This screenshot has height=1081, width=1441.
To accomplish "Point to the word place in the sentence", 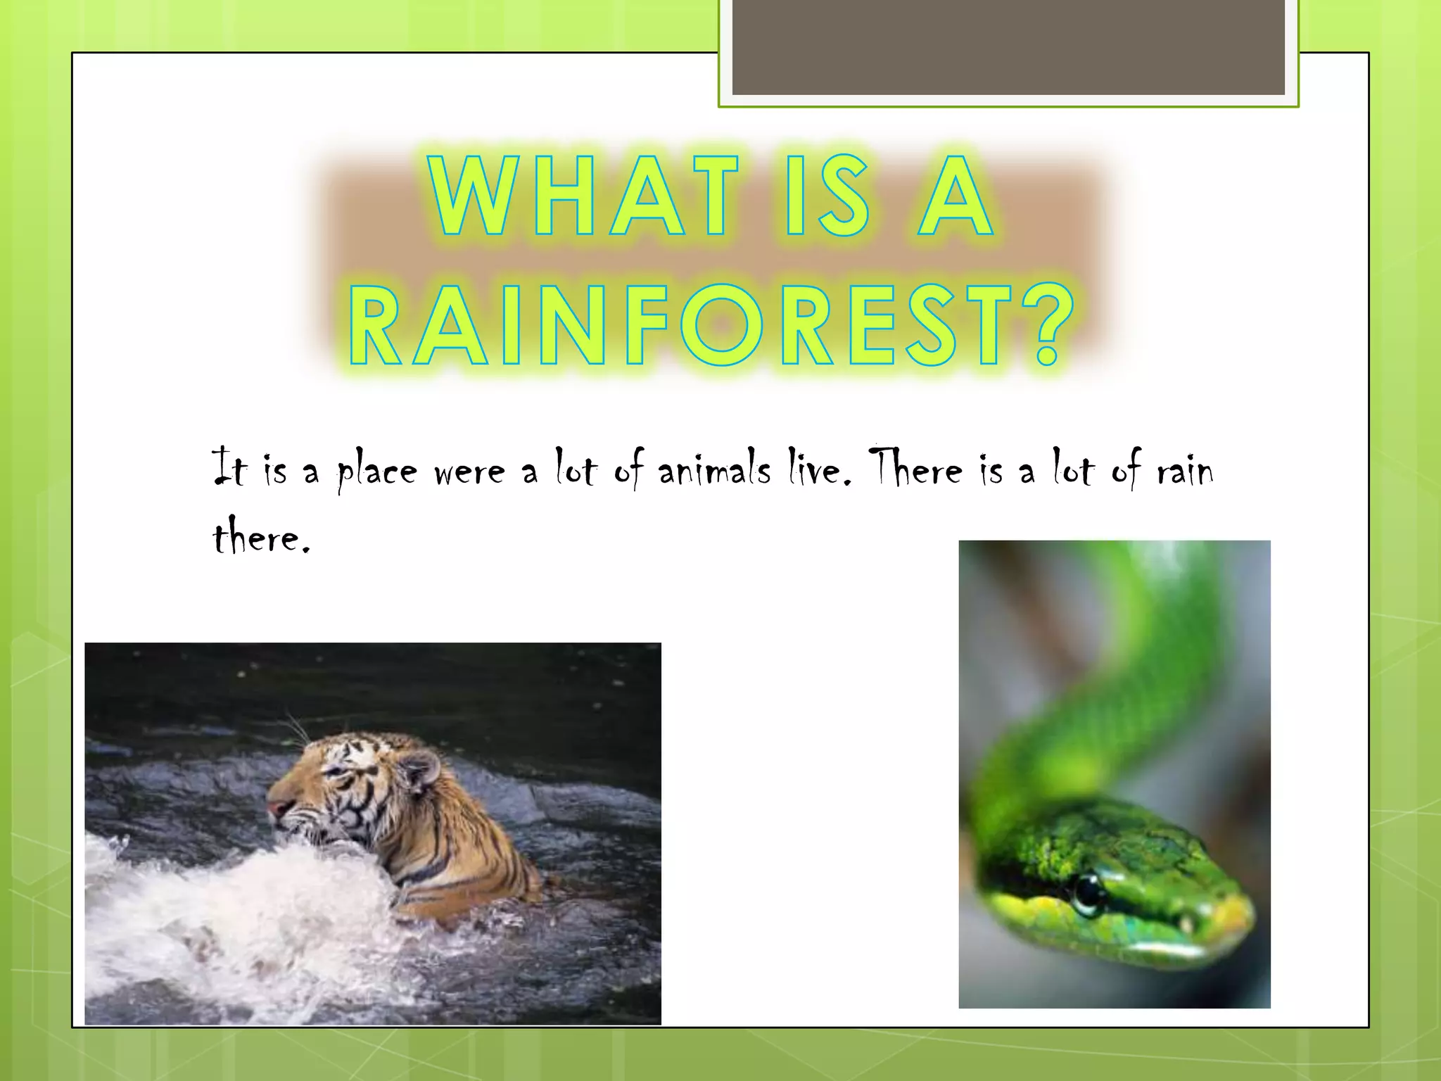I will coord(376,471).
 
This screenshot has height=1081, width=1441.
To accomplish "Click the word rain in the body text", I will coord(1185,469).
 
